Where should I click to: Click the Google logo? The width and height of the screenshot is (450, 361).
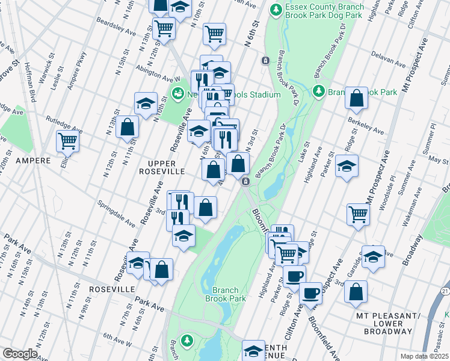pyautogui.click(x=19, y=353)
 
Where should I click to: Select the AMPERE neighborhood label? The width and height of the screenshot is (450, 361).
pyautogui.click(x=32, y=161)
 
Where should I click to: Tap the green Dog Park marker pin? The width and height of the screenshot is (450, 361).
pyautogui.click(x=276, y=10)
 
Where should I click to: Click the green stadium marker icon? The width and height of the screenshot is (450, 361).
pyautogui.click(x=177, y=94)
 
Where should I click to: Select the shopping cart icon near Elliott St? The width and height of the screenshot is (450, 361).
pyautogui.click(x=67, y=141)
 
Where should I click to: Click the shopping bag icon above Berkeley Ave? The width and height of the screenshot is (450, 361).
pyautogui.click(x=356, y=98)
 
